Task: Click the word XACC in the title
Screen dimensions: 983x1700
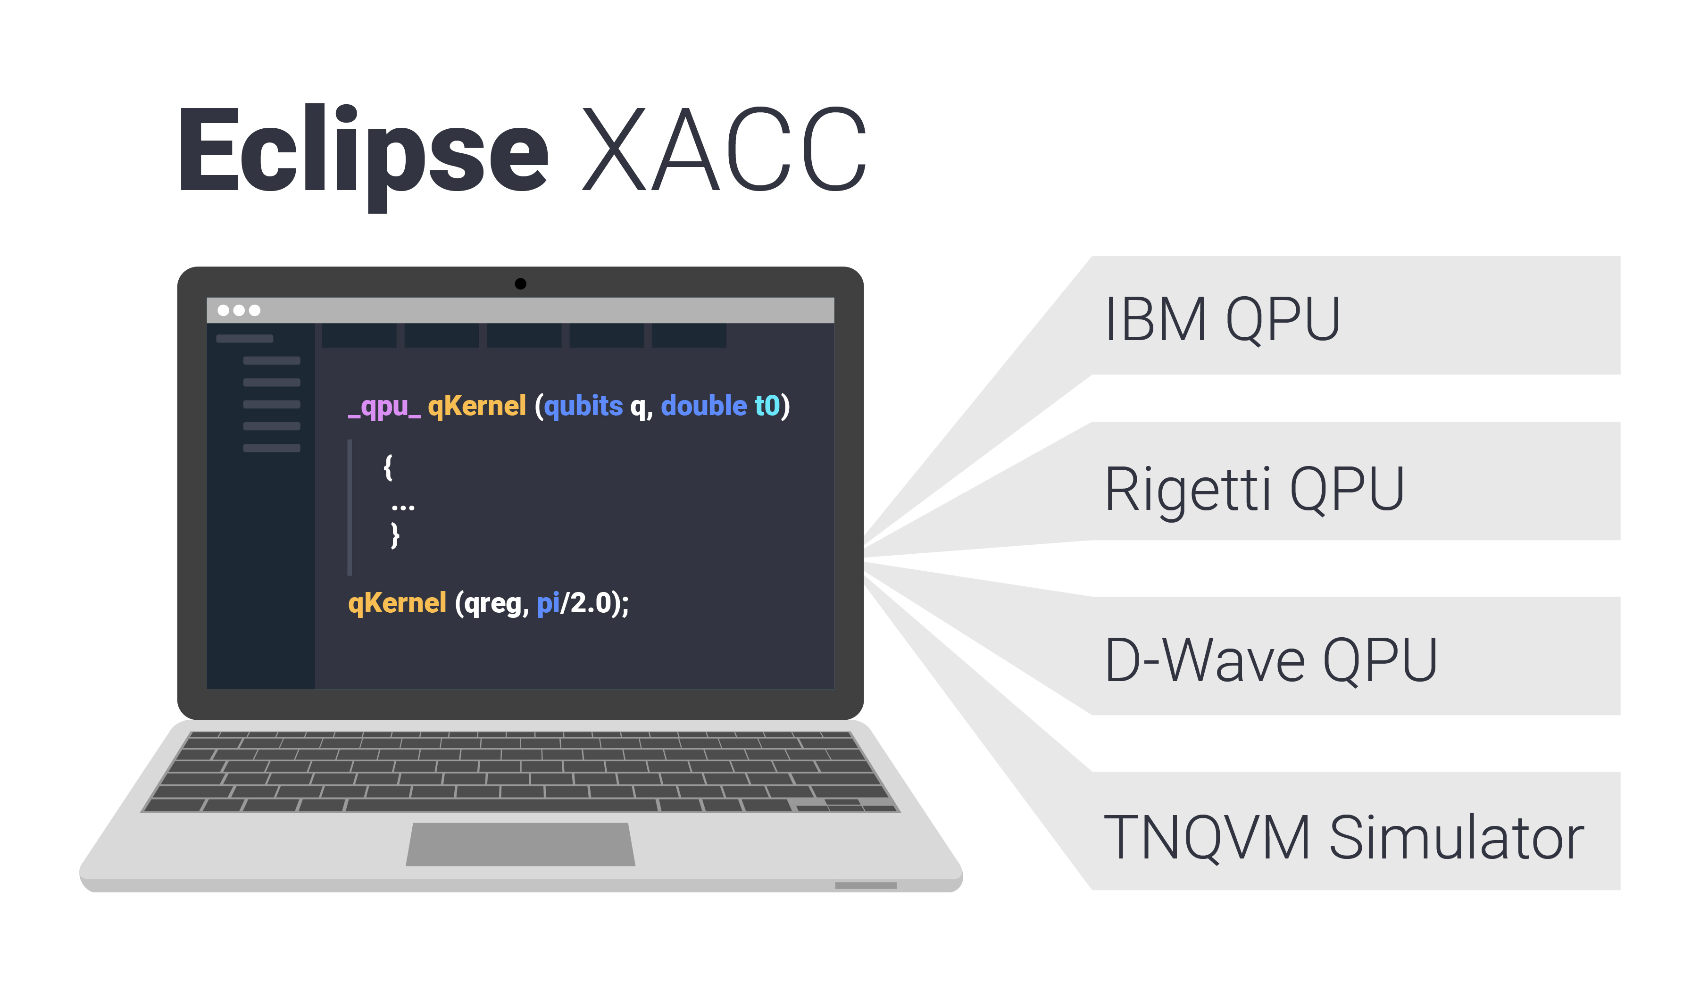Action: [x=723, y=150]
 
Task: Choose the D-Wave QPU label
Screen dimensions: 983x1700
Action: [x=1270, y=660]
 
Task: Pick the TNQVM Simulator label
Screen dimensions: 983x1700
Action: [x=1342, y=838]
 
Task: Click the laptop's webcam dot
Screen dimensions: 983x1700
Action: [x=520, y=284]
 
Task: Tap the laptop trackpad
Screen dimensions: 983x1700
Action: [x=520, y=844]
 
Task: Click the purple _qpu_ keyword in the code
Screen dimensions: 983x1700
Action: [x=384, y=407]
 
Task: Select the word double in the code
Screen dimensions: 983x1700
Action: [x=704, y=406]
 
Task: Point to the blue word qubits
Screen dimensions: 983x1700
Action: [x=583, y=406]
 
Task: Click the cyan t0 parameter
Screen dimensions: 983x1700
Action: [x=767, y=406]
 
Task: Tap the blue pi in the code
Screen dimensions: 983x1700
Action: [x=548, y=603]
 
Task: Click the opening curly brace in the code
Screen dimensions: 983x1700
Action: [x=388, y=467]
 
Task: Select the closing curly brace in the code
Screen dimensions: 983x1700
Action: [x=395, y=536]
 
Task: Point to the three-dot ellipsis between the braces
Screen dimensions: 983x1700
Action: [x=403, y=508]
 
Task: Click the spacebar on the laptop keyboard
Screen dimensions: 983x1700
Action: [x=500, y=805]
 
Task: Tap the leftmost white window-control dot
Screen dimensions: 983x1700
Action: [x=223, y=310]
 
